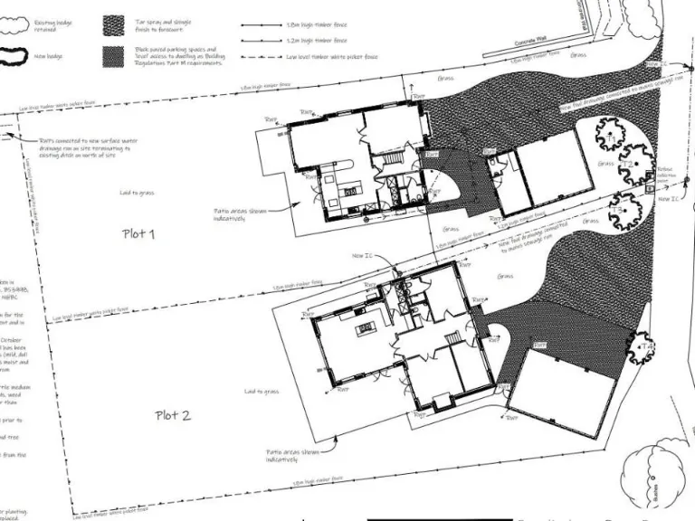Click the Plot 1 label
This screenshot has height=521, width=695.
[x=139, y=233]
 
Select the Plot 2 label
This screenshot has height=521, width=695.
[x=173, y=415]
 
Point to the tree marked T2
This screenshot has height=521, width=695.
[x=636, y=165]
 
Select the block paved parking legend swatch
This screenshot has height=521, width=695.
[x=114, y=55]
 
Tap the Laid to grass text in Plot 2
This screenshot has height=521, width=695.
[x=262, y=392]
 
